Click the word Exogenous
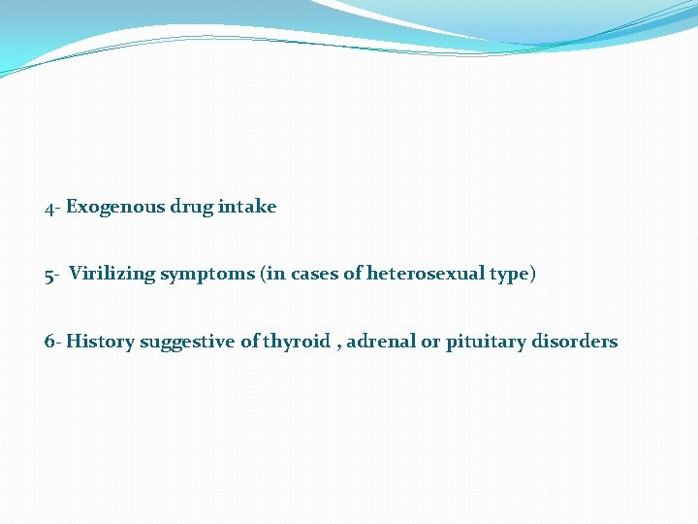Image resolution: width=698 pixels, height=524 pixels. pos(115,207)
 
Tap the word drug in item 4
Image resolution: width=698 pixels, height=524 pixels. pos(192,207)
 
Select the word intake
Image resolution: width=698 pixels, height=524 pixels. pos(247,207)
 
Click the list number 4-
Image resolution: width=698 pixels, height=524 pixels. pos(52,208)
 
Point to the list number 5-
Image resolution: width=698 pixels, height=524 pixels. pos(52,275)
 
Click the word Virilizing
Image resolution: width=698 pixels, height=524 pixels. pos(111,274)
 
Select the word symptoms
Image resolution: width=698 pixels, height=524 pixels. pos(207,275)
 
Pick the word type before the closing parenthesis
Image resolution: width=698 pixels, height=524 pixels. pos(509,275)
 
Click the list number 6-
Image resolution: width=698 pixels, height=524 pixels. pos(53,342)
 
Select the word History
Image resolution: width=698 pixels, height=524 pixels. pos(101,342)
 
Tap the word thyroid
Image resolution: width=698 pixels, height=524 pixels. pos(297,342)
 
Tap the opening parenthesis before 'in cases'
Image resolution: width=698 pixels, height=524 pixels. pos(263,275)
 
